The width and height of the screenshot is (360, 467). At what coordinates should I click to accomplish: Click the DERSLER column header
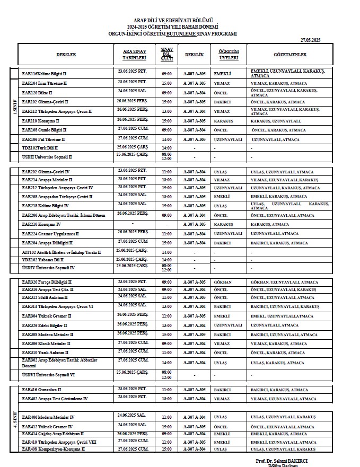(66, 55)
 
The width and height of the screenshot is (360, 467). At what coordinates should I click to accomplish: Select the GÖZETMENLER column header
(290, 55)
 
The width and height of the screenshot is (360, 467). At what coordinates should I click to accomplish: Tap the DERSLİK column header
(194, 55)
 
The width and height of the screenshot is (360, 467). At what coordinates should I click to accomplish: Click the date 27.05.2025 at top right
(310, 40)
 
